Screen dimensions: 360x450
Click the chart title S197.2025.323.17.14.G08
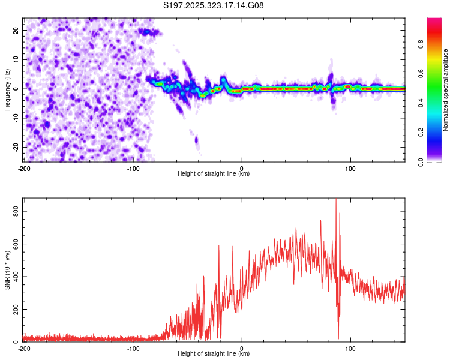pyautogui.click(x=214, y=6)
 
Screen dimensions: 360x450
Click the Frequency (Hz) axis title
pyautogui.click(x=7, y=89)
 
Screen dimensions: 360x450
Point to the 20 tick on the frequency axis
pyautogui.click(x=17, y=30)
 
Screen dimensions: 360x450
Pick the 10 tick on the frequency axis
pyautogui.click(x=17, y=59)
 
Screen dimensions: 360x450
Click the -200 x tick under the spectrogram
pyautogui.click(x=24, y=168)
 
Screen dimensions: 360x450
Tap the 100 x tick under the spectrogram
pyautogui.click(x=350, y=168)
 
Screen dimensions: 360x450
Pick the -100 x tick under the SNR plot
pyautogui.click(x=133, y=348)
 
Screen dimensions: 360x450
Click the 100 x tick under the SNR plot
pyautogui.click(x=350, y=348)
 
